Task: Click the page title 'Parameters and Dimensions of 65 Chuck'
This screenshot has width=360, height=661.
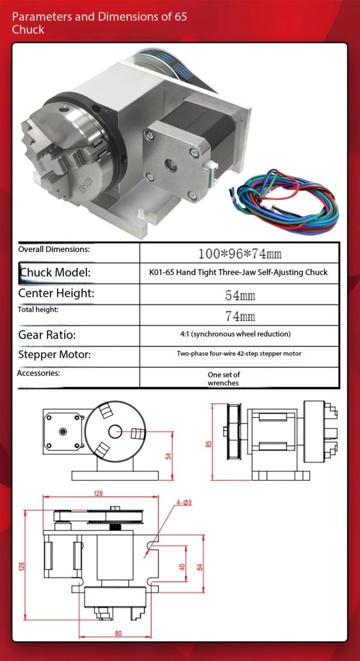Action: (x=99, y=23)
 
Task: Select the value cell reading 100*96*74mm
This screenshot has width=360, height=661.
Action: (x=239, y=253)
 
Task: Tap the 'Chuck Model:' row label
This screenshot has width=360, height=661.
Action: (x=54, y=272)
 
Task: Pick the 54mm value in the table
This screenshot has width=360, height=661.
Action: (x=240, y=295)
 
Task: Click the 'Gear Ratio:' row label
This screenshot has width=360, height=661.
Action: (x=47, y=335)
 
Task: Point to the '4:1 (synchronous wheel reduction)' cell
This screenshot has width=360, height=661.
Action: (x=235, y=334)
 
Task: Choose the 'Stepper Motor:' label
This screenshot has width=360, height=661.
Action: (x=54, y=355)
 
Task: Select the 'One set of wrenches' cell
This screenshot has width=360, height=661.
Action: (x=223, y=378)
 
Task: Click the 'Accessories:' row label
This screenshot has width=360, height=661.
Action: (x=38, y=373)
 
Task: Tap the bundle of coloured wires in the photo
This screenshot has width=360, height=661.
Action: (x=283, y=201)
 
